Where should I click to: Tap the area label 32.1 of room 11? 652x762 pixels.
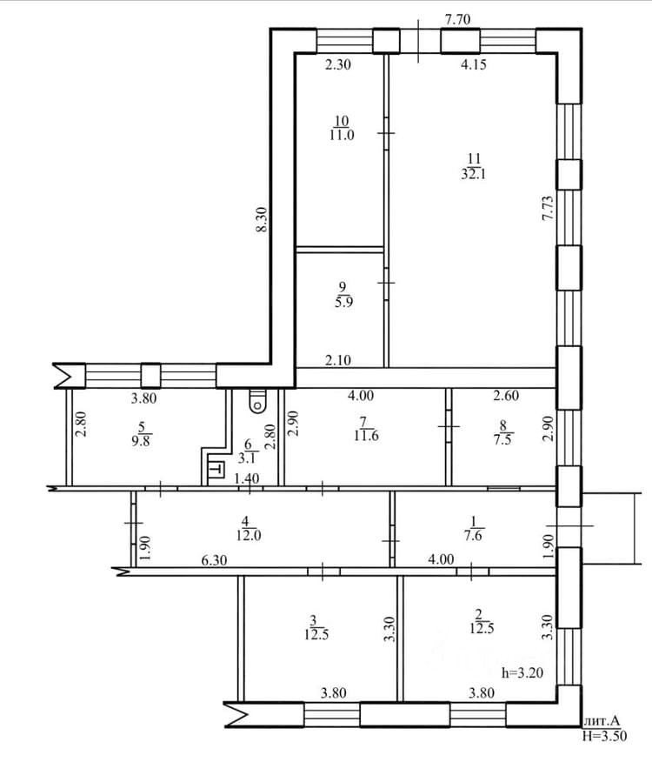pyautogui.click(x=473, y=174)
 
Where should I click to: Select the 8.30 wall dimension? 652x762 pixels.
pyautogui.click(x=262, y=219)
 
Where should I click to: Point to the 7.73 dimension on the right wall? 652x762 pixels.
pyautogui.click(x=548, y=208)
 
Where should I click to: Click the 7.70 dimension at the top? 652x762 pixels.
pyautogui.click(x=457, y=19)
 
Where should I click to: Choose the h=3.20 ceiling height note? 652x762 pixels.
pyautogui.click(x=522, y=672)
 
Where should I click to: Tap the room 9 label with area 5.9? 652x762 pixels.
pyautogui.click(x=343, y=295)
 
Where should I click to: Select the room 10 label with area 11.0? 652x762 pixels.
pyautogui.click(x=342, y=128)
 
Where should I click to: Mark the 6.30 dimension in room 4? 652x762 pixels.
pyautogui.click(x=214, y=560)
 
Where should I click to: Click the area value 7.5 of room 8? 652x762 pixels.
pyautogui.click(x=502, y=440)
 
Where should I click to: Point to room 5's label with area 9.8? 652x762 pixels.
pyautogui.click(x=141, y=434)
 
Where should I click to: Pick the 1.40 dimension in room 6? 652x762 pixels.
pyautogui.click(x=246, y=478)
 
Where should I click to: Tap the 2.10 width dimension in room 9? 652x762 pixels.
pyautogui.click(x=338, y=360)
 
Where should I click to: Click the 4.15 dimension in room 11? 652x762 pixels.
pyautogui.click(x=473, y=63)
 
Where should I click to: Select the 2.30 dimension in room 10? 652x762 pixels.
pyautogui.click(x=337, y=63)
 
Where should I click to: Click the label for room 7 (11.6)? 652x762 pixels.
pyautogui.click(x=366, y=429)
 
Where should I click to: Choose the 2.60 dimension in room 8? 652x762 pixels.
pyautogui.click(x=506, y=396)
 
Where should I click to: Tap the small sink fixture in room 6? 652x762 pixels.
pyautogui.click(x=216, y=469)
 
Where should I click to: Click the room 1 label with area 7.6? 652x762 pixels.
pyautogui.click(x=474, y=529)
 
